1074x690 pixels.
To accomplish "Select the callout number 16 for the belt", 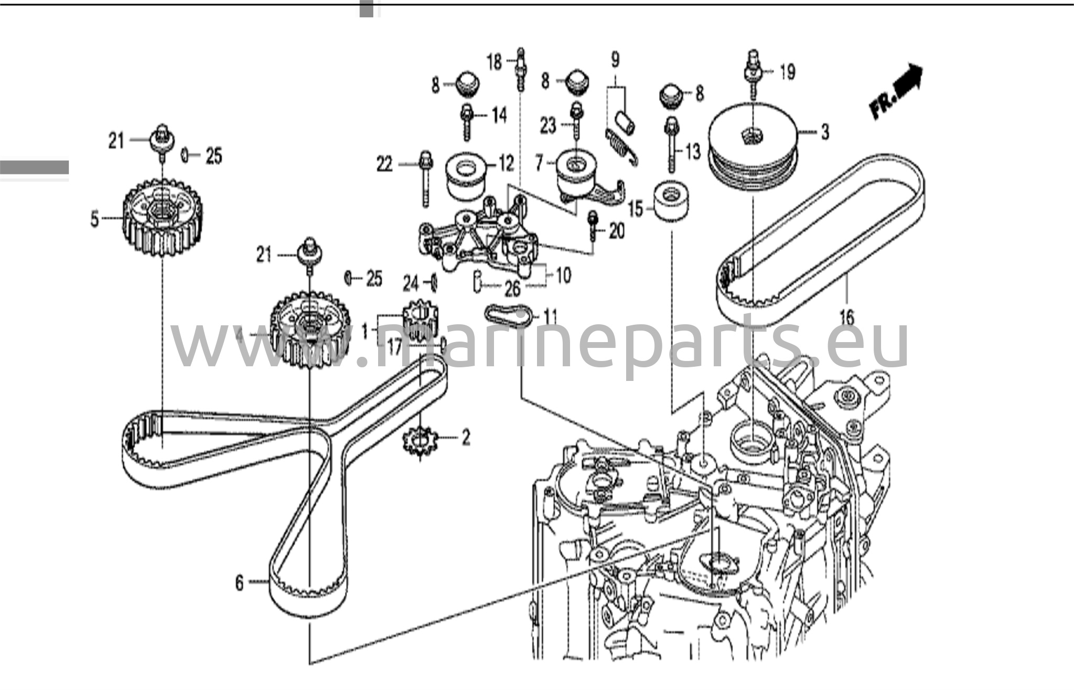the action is coord(846,317).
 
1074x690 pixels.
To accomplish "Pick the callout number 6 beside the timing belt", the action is coord(239,582).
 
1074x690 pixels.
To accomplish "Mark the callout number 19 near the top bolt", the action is coord(787,72).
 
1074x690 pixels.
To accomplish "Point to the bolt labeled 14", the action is coord(466,123).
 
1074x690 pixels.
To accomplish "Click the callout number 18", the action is coord(495,63).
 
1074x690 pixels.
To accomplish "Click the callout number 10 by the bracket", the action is coord(563,275).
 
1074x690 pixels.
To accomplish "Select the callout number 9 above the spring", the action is coord(615,59).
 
